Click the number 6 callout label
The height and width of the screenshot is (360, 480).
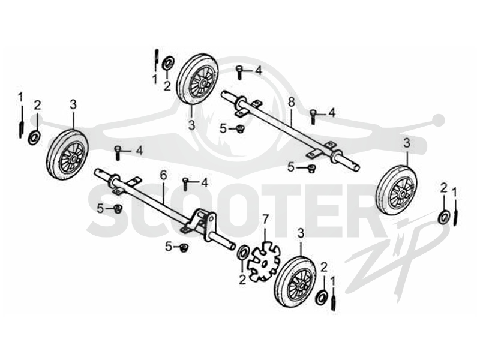pos(163,175)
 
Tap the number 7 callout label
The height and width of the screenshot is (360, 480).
pos(265,219)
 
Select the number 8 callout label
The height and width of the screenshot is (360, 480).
pos(291,103)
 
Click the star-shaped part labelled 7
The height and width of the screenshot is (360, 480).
pos(263,261)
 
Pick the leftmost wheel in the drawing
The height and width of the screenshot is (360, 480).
pos(68,154)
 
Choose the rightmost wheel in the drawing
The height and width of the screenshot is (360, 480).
pos(397,190)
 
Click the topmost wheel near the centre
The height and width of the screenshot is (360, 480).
pos(197,80)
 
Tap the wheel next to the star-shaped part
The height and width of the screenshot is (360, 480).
pos(295,281)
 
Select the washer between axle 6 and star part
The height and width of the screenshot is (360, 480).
pos(244,252)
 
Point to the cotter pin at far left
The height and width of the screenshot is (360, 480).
pos(22,122)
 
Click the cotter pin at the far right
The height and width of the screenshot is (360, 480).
pos(456,212)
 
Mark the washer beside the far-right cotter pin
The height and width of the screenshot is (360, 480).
pos(444,216)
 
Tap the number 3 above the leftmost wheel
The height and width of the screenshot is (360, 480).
pos(73,104)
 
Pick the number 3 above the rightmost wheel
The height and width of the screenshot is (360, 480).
pos(407,143)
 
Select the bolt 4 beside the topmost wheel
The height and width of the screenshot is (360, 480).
pos(239,72)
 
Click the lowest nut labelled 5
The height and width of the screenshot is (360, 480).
pos(184,247)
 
